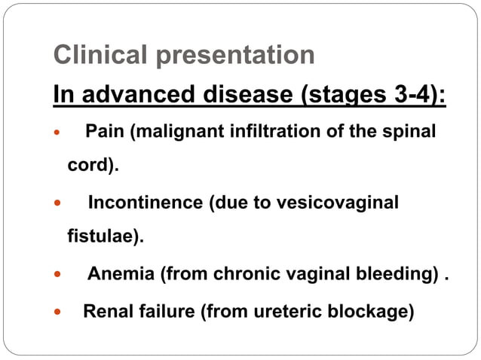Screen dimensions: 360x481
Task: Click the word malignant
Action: click(174, 132)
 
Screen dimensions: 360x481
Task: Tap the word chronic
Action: click(243, 273)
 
